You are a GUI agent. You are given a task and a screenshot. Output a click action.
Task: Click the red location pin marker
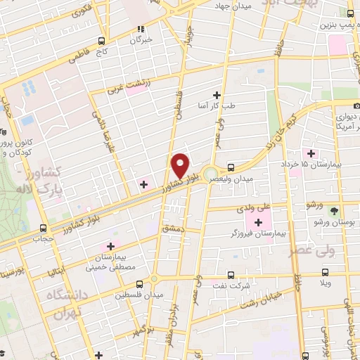click(x=181, y=165)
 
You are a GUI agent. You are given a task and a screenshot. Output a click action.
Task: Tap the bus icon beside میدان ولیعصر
click(x=231, y=167)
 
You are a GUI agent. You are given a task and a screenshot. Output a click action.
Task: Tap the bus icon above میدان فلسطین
click(x=139, y=285)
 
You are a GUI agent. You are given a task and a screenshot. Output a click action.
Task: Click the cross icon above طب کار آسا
click(x=217, y=95)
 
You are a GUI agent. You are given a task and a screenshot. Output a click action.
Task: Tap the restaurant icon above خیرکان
click(x=140, y=29)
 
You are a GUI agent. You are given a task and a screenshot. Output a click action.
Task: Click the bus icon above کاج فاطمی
click(x=103, y=41)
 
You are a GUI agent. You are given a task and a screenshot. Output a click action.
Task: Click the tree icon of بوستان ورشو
click(x=335, y=210)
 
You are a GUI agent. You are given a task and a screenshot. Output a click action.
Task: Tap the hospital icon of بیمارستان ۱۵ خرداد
click(x=308, y=153)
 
